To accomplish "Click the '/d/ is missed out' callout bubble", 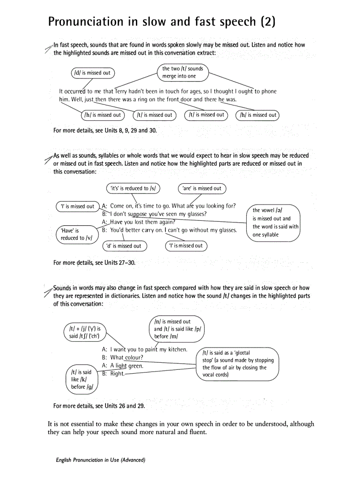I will (x=93, y=73).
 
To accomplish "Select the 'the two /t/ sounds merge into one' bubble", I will (x=183, y=72).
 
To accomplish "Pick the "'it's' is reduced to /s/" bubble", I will (x=133, y=188).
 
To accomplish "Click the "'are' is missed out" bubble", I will (x=202, y=188).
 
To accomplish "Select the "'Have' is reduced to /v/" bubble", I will (x=77, y=234).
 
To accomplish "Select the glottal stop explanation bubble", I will (x=238, y=364).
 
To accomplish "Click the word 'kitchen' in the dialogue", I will (x=173, y=350).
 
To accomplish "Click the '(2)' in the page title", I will (x=268, y=21).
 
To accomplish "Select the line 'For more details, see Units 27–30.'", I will (x=94, y=263).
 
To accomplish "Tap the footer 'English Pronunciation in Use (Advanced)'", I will (x=101, y=460).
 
